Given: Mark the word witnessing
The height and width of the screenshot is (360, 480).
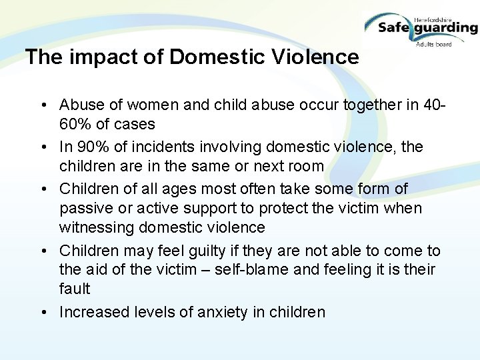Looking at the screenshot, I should (x=96, y=228).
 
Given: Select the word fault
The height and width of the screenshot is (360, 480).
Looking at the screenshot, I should (x=74, y=289).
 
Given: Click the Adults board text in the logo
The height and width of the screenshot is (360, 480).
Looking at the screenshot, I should (x=433, y=44).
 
